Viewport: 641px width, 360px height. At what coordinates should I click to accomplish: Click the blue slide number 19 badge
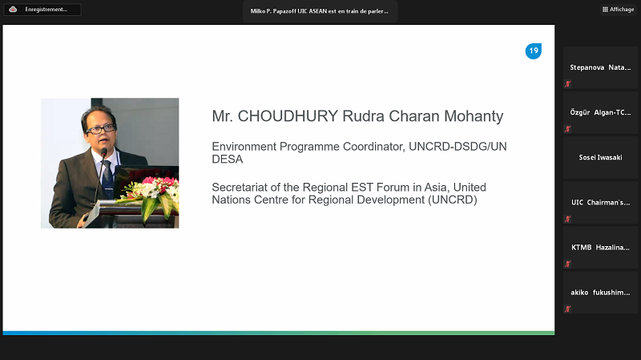534,51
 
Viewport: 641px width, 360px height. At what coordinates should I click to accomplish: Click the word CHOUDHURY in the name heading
288,116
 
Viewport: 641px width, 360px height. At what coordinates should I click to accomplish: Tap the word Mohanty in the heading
474,116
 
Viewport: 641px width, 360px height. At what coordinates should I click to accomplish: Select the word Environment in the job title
244,147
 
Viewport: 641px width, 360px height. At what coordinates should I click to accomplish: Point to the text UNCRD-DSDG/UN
458,147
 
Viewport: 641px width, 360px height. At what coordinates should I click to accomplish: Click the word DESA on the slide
228,159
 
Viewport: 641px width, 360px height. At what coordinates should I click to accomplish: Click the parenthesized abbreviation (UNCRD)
453,200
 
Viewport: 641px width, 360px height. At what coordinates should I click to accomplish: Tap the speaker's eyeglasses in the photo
100,129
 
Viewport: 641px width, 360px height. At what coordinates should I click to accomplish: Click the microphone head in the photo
104,153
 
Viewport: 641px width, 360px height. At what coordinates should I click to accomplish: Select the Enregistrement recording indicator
42,10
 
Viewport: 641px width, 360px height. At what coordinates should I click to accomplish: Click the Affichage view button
618,10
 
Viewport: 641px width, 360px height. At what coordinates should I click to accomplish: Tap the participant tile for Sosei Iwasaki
600,157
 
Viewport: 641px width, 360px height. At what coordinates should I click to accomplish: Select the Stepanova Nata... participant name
600,67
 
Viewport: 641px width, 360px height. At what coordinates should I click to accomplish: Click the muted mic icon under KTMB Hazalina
568,264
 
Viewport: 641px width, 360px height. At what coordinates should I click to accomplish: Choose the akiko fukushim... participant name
600,293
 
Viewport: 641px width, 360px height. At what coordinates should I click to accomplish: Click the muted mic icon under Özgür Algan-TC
568,129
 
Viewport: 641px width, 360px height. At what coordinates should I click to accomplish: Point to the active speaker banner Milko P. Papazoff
320,11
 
